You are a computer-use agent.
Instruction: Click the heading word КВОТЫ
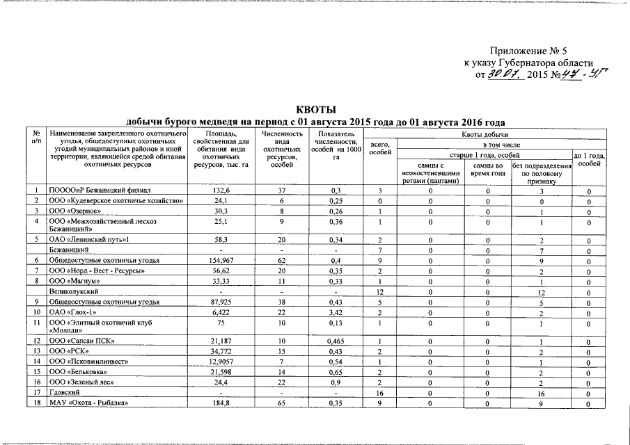pyautogui.click(x=316, y=110)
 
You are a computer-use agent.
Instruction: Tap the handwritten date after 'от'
pyautogui.click(x=504, y=73)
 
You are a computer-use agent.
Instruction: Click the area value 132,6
pyautogui.click(x=222, y=190)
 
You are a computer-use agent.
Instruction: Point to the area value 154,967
pyautogui.click(x=222, y=259)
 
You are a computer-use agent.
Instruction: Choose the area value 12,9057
pyautogui.click(x=222, y=362)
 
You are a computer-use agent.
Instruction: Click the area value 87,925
pyautogui.click(x=222, y=302)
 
